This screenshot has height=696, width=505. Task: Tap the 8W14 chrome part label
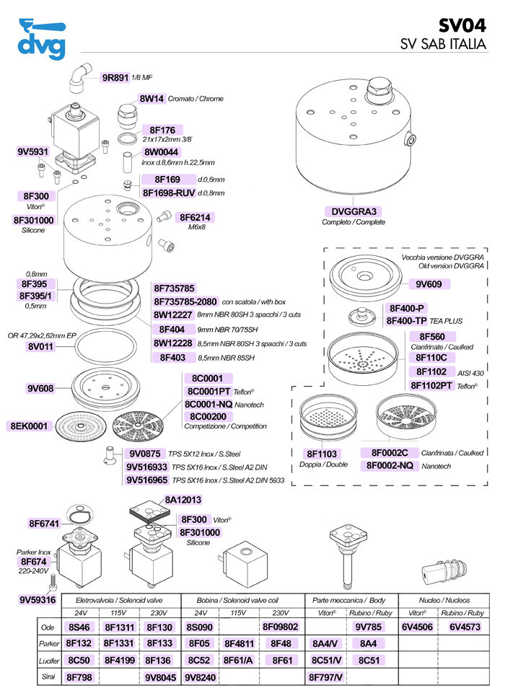coord(151,99)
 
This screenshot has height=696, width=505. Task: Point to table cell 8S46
coord(77,627)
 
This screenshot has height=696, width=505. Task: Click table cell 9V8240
coord(201,677)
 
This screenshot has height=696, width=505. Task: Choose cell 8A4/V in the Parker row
coord(325,643)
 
